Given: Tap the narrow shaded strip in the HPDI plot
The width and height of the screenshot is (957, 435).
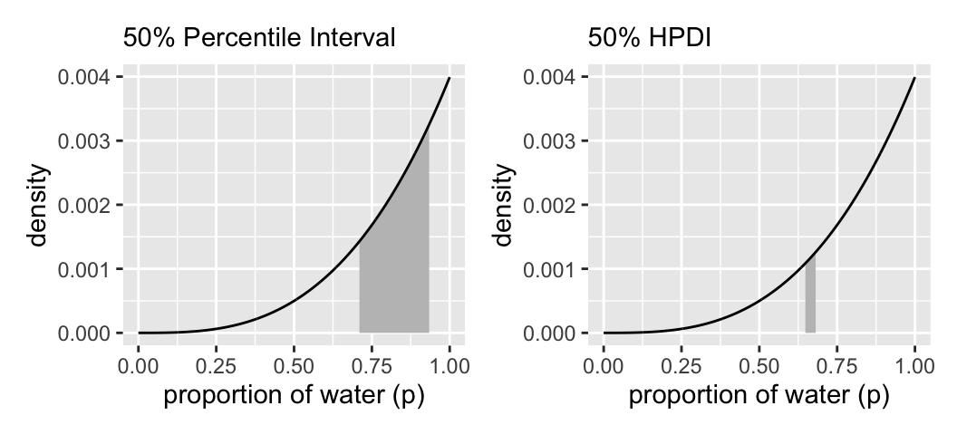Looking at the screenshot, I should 810,299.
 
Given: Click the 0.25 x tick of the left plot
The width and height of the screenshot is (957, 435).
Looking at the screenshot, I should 216,366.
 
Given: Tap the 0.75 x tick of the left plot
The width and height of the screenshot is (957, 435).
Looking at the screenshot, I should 372,366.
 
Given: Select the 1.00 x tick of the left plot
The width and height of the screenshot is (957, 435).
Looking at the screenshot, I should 449,366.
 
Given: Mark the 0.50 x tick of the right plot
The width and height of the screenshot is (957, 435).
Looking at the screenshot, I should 759,366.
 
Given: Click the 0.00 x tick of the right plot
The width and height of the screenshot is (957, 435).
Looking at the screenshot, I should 604,366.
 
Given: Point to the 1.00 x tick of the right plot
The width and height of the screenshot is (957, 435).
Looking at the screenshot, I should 915,366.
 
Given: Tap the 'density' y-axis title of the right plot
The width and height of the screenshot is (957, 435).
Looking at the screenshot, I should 502,206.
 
